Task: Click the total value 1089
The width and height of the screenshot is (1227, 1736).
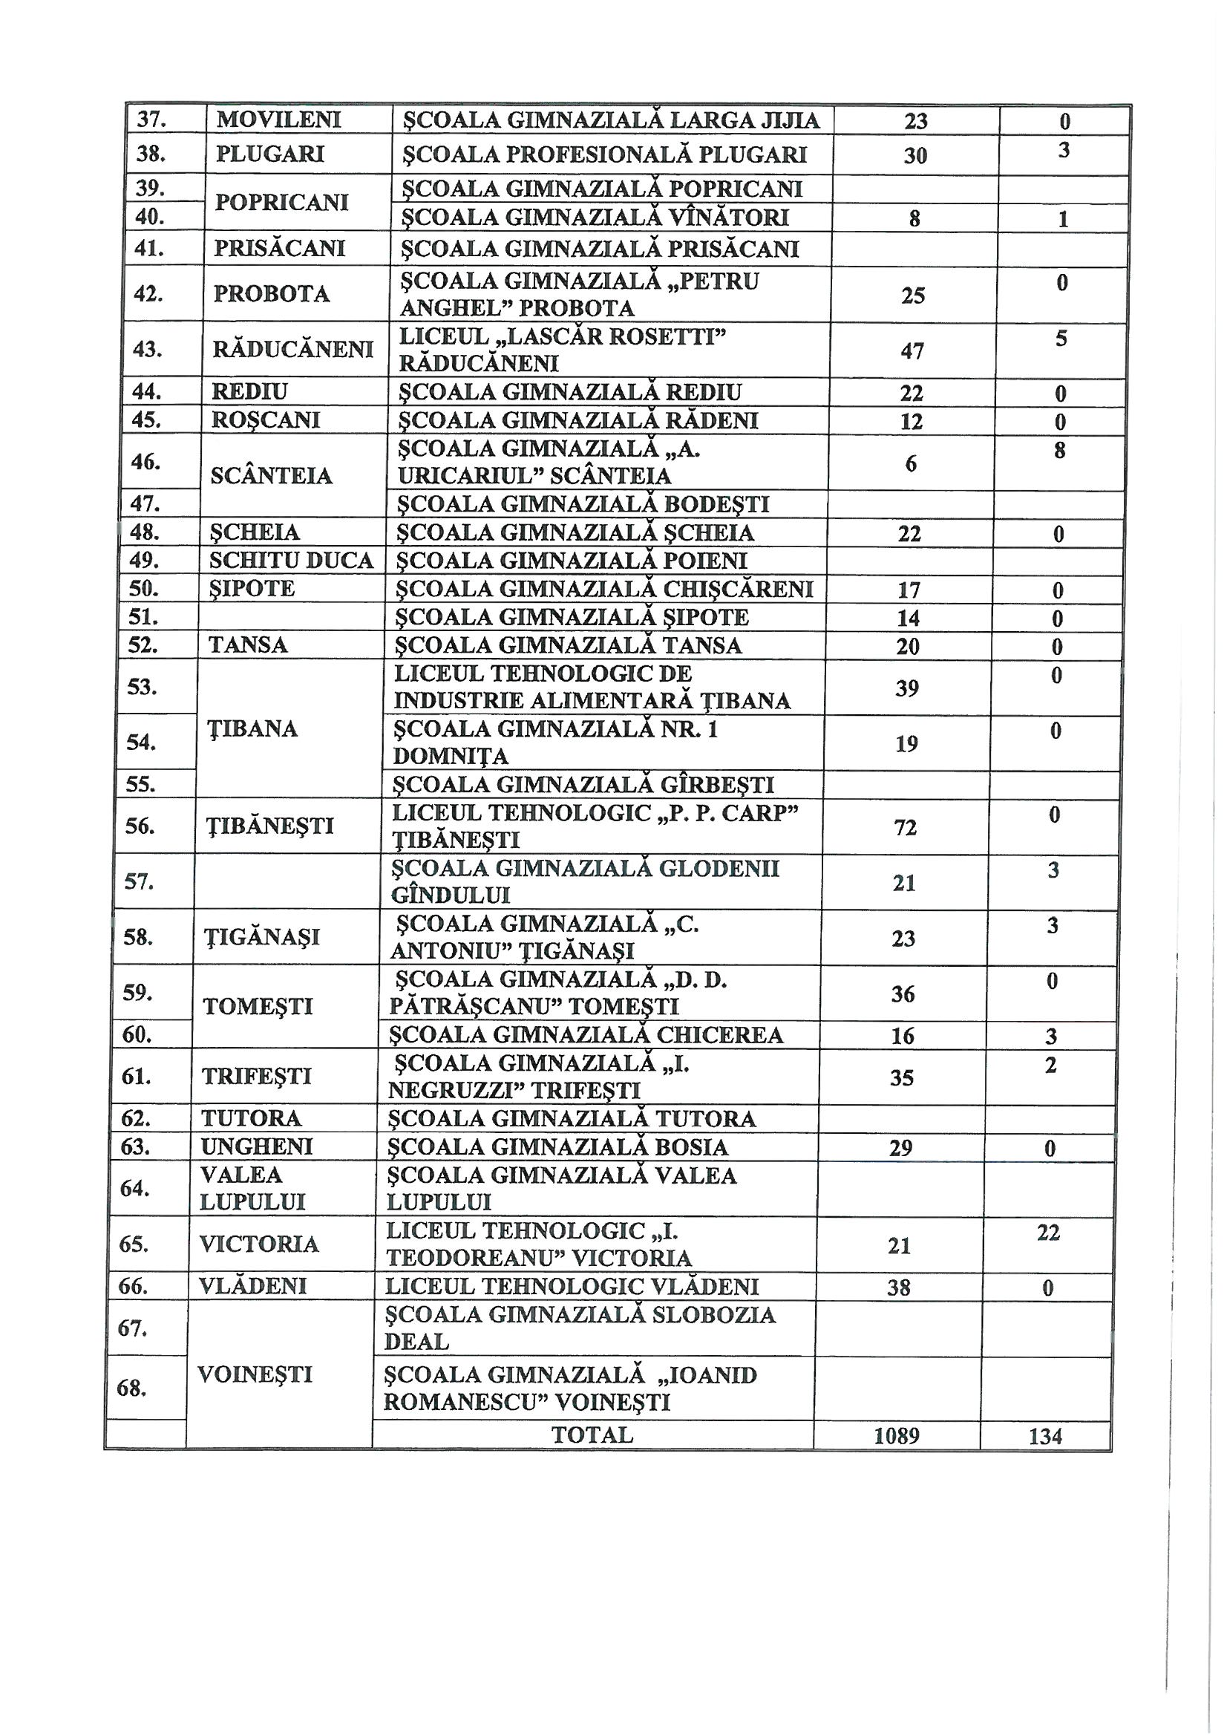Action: coord(896,1435)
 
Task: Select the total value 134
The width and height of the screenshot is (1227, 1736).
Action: coord(1045,1436)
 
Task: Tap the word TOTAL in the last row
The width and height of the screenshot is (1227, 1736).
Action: coord(592,1435)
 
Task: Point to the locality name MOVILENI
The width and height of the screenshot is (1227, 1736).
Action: coord(279,120)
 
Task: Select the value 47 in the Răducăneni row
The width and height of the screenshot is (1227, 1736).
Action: coord(912,350)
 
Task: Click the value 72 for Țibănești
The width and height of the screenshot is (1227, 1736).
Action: coord(905,827)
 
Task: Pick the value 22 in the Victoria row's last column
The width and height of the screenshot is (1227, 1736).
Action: coord(1049,1233)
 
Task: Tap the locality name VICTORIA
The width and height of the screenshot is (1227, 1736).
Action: coord(258,1244)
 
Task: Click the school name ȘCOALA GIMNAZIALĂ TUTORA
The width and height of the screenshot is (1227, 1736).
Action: coord(572,1118)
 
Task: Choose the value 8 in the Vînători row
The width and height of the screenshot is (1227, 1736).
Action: coord(914,219)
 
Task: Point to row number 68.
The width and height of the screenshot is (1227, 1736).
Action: coord(132,1388)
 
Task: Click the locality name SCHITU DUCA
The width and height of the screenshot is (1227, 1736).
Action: coord(291,561)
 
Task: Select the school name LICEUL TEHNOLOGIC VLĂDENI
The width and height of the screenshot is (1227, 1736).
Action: coord(572,1286)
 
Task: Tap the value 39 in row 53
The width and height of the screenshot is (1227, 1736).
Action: coord(907,688)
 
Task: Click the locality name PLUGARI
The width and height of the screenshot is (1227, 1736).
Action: coord(270,154)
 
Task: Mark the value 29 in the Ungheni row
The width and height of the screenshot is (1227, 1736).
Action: coord(900,1148)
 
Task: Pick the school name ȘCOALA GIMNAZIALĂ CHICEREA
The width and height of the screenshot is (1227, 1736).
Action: coord(586,1034)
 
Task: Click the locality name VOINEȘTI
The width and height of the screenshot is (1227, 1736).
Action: coord(255,1374)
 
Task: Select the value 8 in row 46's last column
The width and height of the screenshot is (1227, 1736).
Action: coord(1059,451)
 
